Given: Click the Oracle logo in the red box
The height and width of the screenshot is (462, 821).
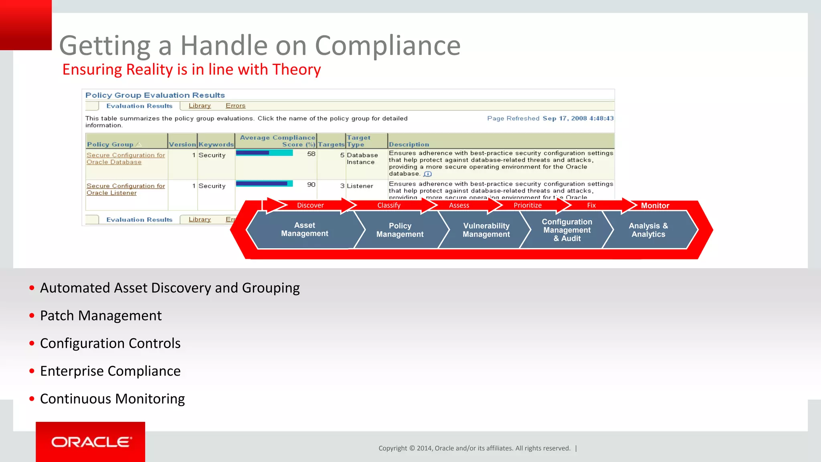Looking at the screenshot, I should coord(91,442).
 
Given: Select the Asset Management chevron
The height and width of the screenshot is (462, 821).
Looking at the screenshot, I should coord(304,229).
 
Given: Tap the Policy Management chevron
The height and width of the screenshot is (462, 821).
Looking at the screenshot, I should coord(400,230).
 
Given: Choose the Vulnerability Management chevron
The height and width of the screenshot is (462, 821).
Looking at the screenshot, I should coord(486,230).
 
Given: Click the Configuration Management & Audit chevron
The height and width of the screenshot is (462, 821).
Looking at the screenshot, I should coord(566,230).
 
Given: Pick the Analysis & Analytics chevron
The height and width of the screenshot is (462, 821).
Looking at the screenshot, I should coord(648,230).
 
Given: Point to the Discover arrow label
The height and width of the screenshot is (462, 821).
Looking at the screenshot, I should coord(310,205).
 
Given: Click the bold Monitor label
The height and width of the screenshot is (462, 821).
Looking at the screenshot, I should coord(655,206).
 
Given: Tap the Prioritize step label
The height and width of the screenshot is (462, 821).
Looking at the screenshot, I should coord(527,205).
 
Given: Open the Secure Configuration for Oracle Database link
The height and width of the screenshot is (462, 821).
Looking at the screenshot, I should coord(125,158).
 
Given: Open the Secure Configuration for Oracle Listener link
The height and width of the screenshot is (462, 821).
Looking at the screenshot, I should coord(125,189).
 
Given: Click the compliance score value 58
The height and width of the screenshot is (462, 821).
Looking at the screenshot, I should coord(311,154).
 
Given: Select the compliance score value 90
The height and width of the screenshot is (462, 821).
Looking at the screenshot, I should coord(311,184).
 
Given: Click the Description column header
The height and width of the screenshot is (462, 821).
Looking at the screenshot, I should coord(408,144).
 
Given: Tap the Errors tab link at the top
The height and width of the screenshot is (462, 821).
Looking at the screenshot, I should coord(235,106).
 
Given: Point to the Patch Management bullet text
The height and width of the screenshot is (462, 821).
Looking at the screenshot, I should coord(101,316).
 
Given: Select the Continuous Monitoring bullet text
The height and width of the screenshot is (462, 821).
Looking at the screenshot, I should coord(112,399).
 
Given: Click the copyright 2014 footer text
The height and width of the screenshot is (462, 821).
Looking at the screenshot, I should coord(474,448).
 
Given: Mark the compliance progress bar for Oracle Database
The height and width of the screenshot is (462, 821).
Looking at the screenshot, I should coord(264,153).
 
